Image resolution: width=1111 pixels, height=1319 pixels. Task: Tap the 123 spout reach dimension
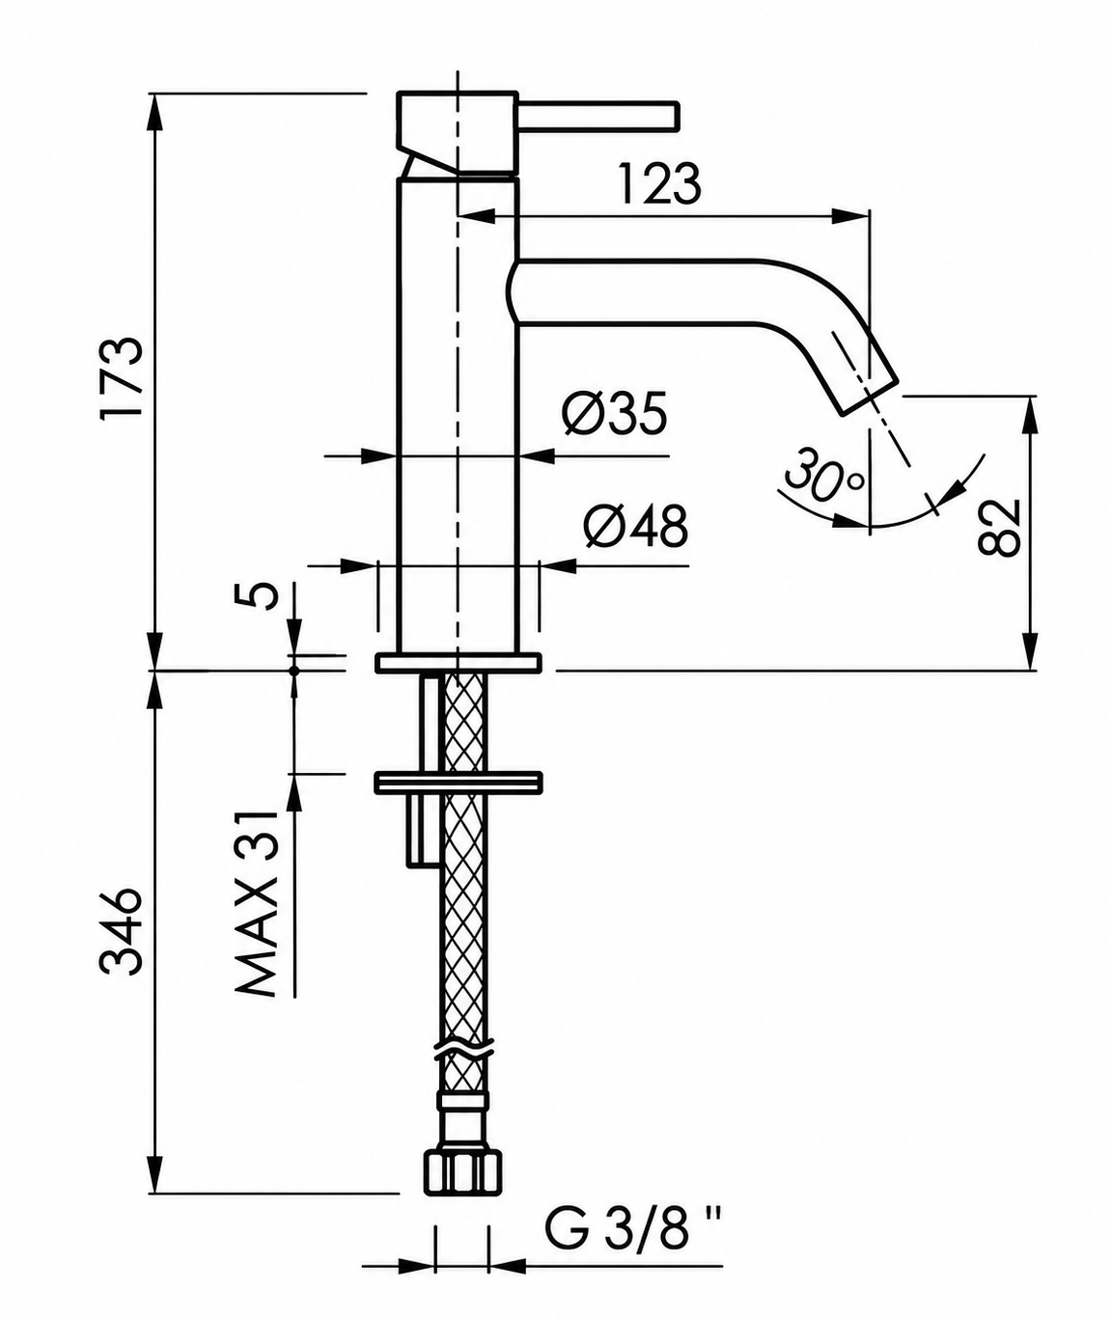[659, 184]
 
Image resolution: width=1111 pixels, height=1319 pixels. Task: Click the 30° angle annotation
[823, 474]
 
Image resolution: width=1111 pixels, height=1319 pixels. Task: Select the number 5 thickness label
[257, 595]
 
